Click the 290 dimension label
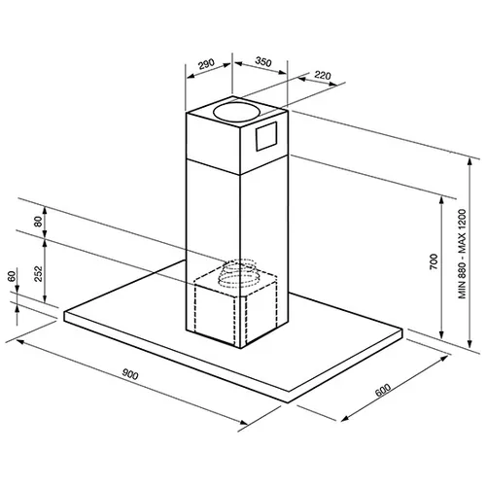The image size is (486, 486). point(206,63)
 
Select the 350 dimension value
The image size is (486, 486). point(263,61)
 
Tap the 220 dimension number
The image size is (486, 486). point(323,75)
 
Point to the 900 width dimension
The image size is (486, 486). point(130,374)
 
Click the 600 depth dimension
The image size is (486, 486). point(383,390)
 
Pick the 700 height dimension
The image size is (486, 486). point(434,261)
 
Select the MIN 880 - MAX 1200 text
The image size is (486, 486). point(462,254)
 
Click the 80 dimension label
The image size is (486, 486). point(38,222)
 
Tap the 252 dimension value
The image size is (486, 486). point(38,273)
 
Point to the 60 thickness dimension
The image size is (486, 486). point(12,276)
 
